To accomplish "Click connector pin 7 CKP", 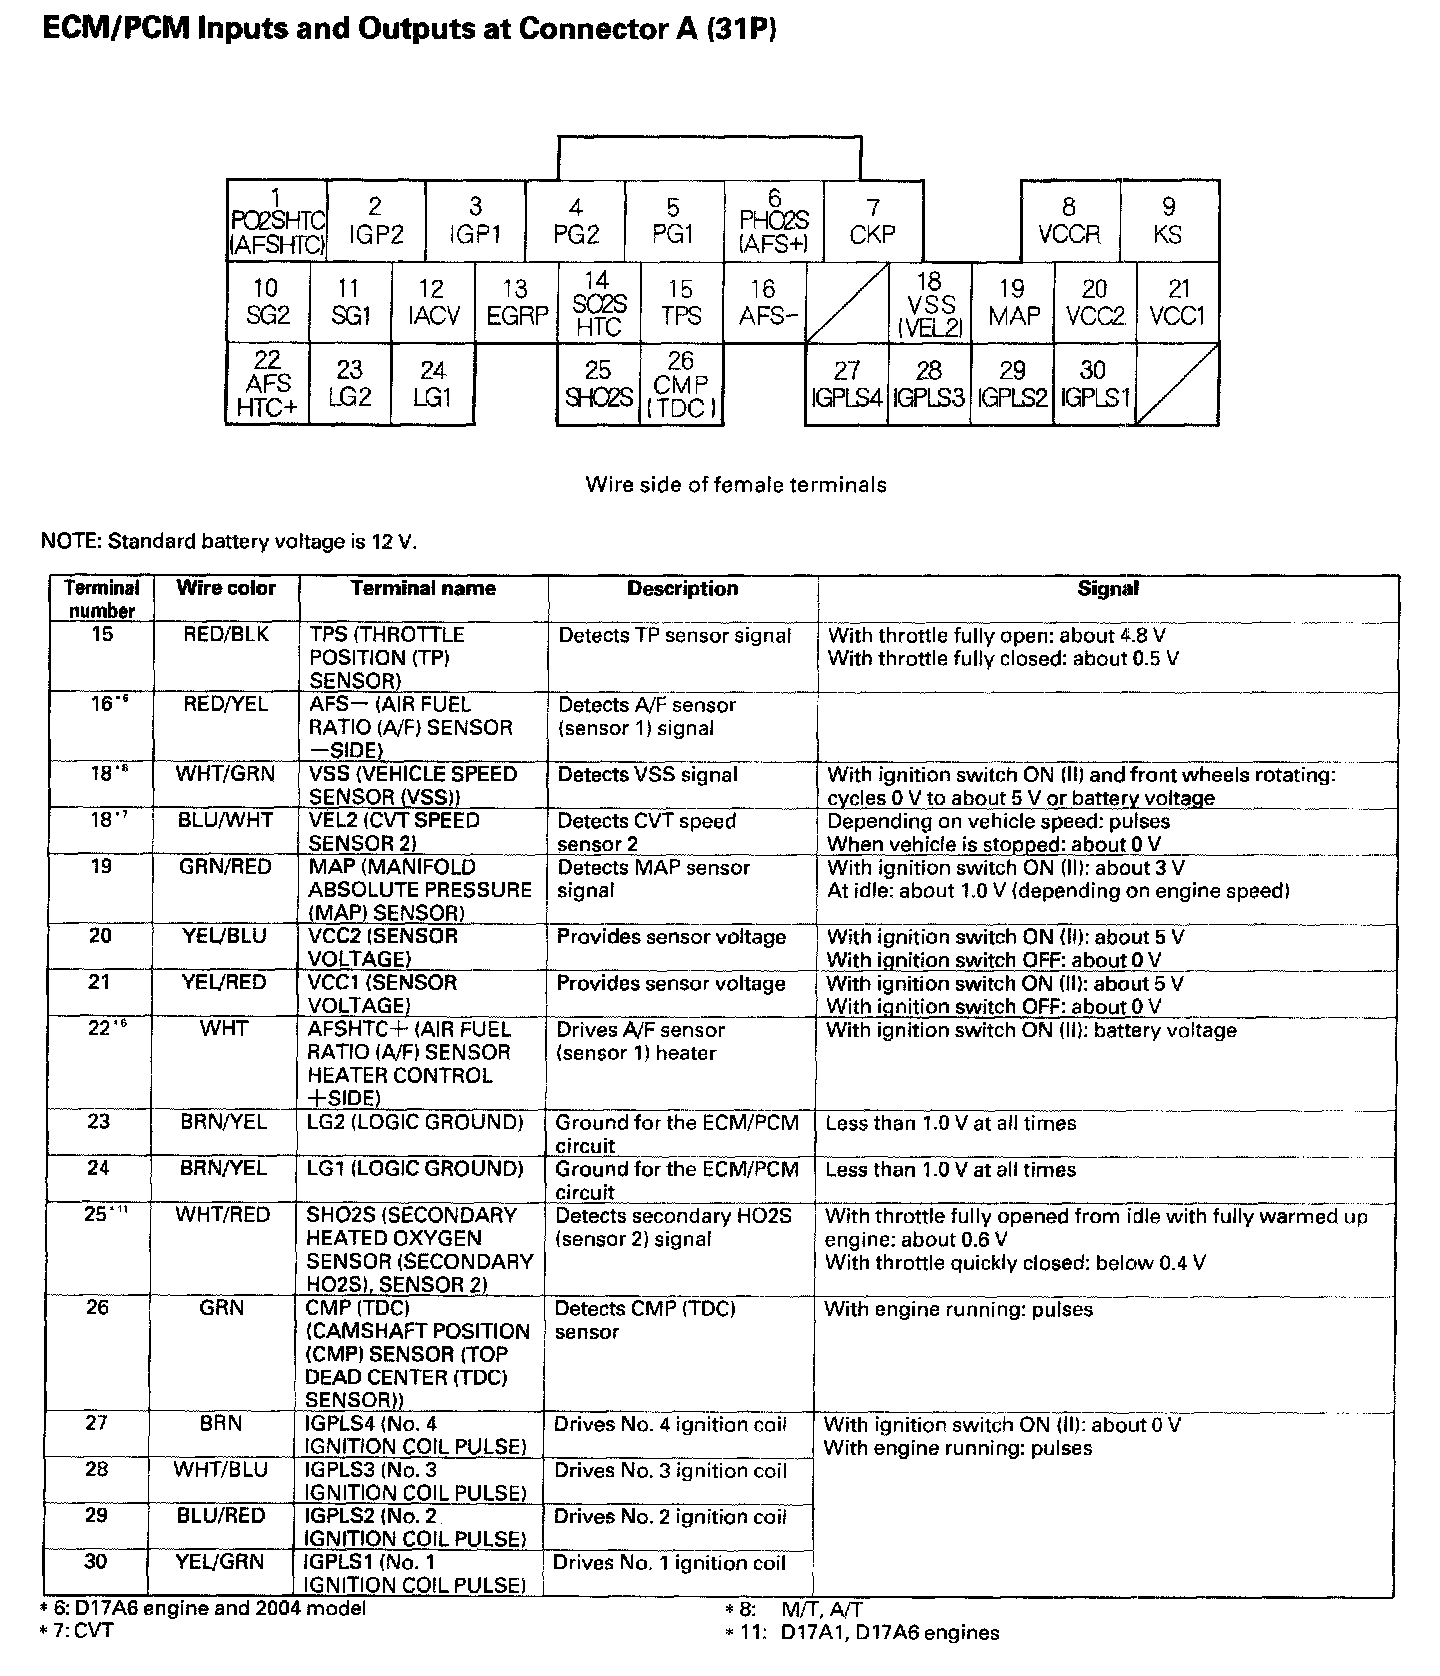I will (x=873, y=221).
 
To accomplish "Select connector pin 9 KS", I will (x=1168, y=221).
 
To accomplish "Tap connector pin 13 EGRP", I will (x=516, y=302).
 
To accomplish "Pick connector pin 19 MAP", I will (x=1013, y=302).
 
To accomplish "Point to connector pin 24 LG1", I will (x=432, y=384).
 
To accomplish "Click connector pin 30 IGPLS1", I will (x=1094, y=384).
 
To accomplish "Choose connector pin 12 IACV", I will (x=432, y=302).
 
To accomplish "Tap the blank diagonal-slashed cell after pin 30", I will (x=1178, y=384).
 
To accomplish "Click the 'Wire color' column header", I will (x=226, y=588).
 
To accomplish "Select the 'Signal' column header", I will (x=1108, y=589).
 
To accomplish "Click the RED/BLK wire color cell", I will (x=226, y=635).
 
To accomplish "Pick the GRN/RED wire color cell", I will (x=225, y=867).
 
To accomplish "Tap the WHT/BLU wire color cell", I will (x=222, y=1470).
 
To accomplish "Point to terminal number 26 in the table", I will (x=97, y=1308).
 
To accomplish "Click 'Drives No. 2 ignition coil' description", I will (x=670, y=1517).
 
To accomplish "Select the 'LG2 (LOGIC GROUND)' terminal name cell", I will (x=415, y=1122).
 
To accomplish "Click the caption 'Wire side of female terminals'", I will (x=736, y=485).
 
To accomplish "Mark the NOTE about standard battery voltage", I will (x=228, y=542).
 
